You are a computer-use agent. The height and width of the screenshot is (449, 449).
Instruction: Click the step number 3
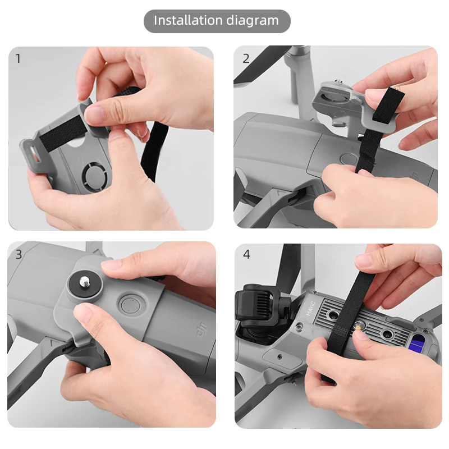[x=19, y=254]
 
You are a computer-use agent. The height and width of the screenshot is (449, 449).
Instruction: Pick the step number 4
[x=246, y=254]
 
